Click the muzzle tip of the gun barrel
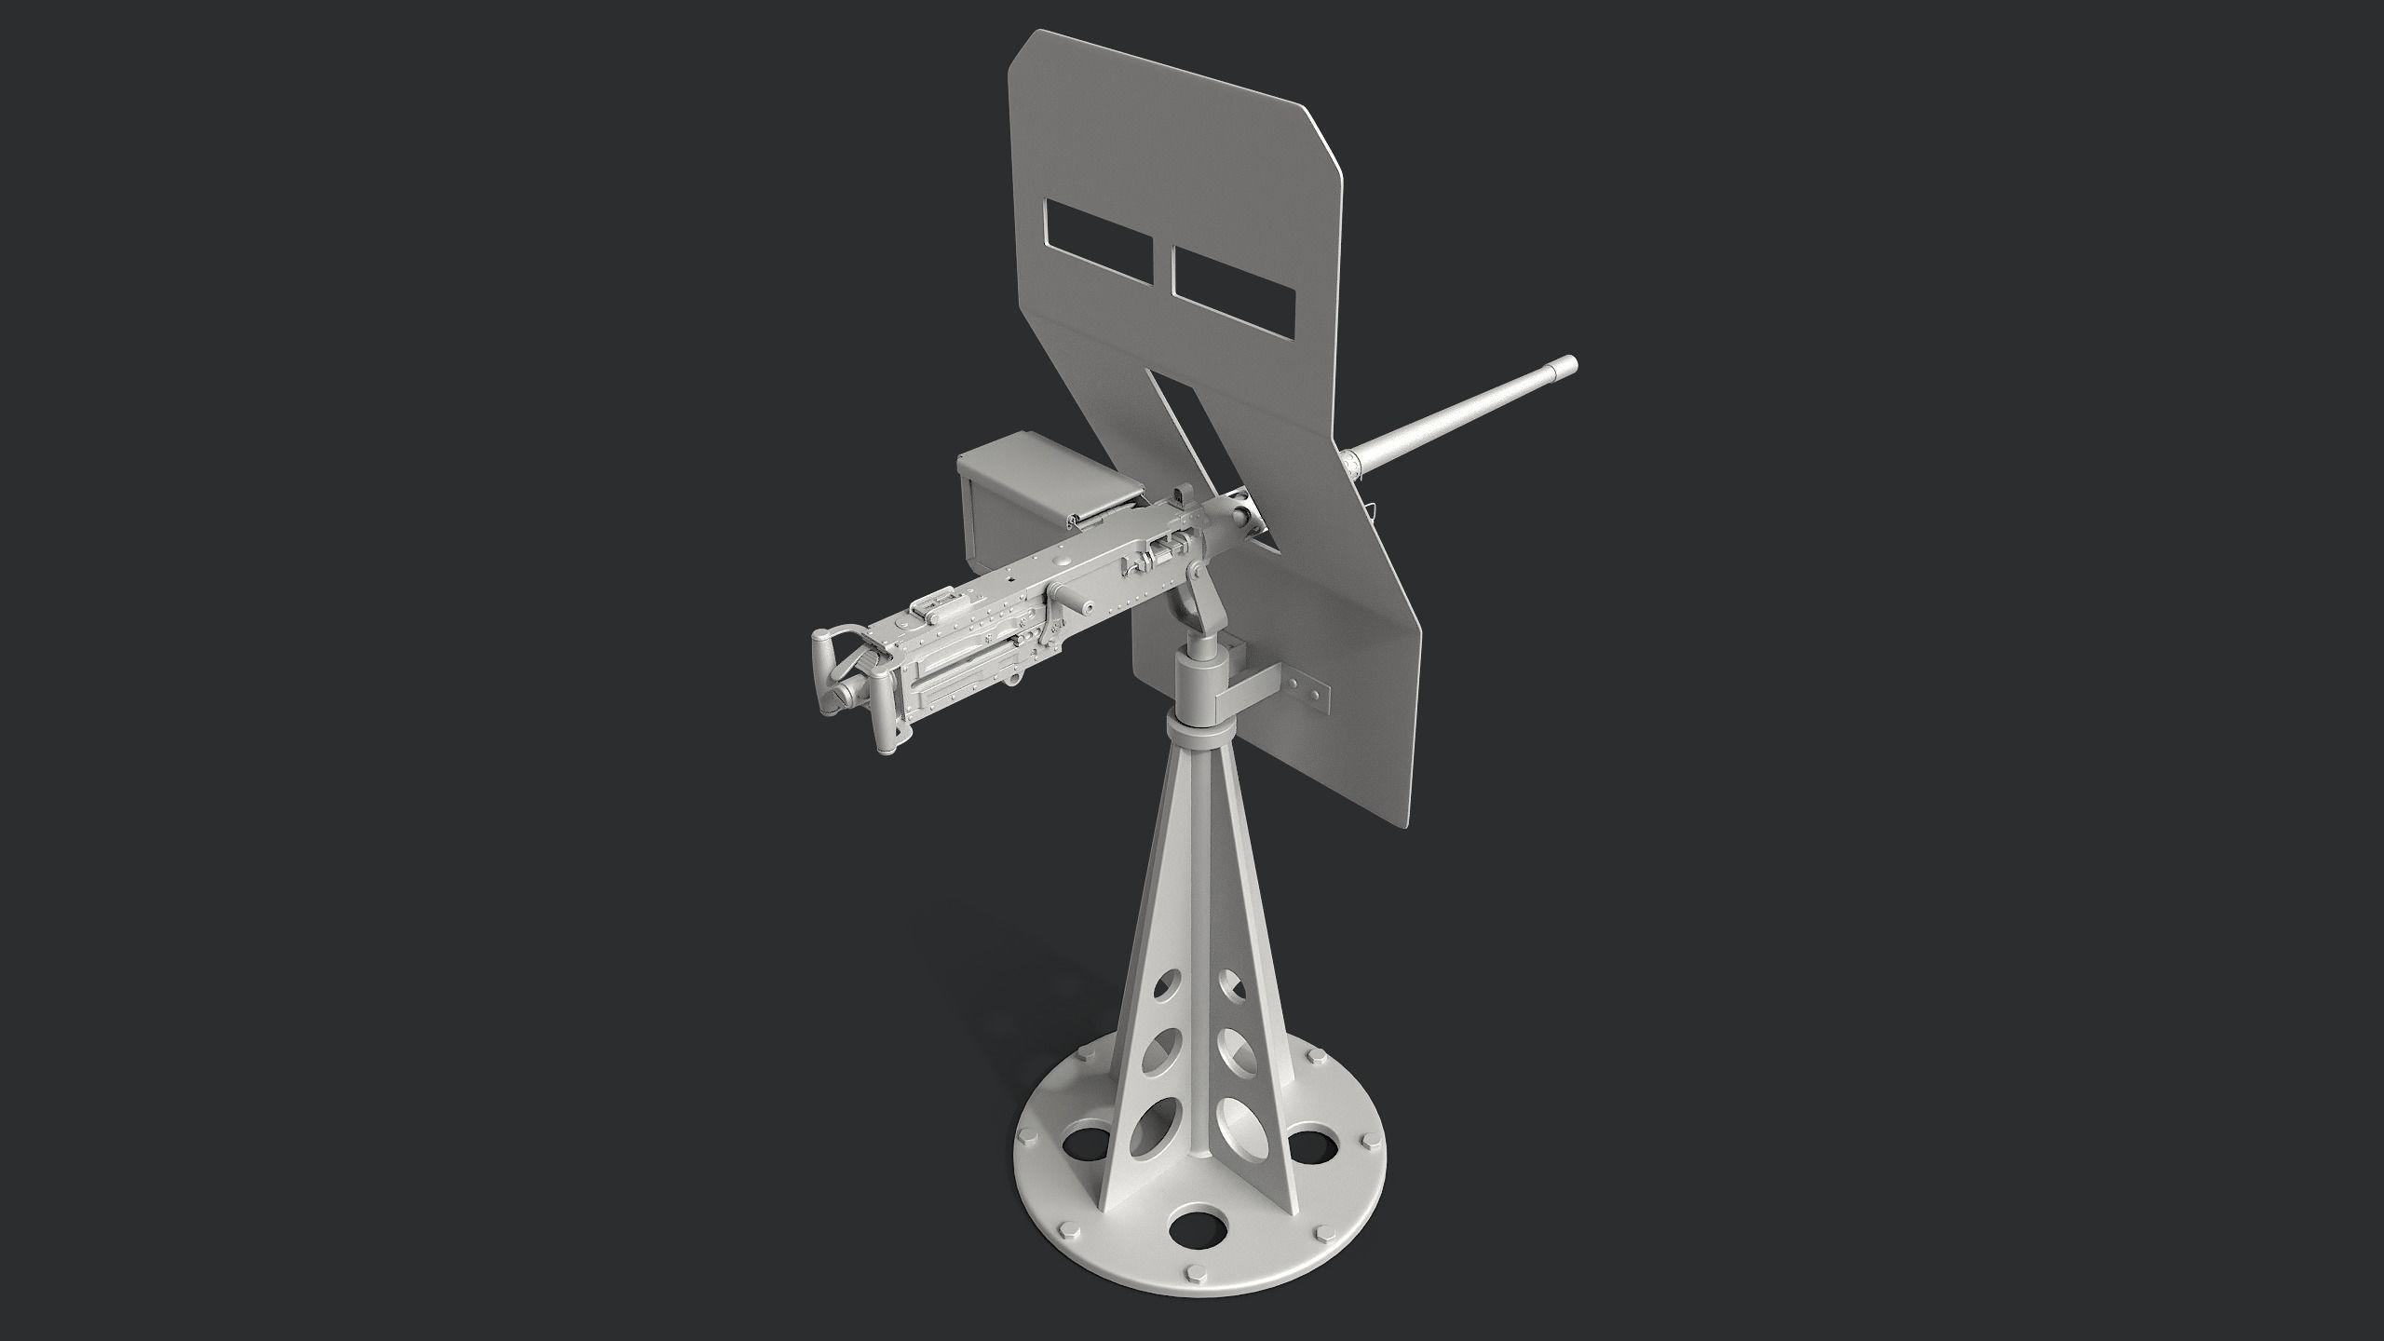pyautogui.click(x=1567, y=365)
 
